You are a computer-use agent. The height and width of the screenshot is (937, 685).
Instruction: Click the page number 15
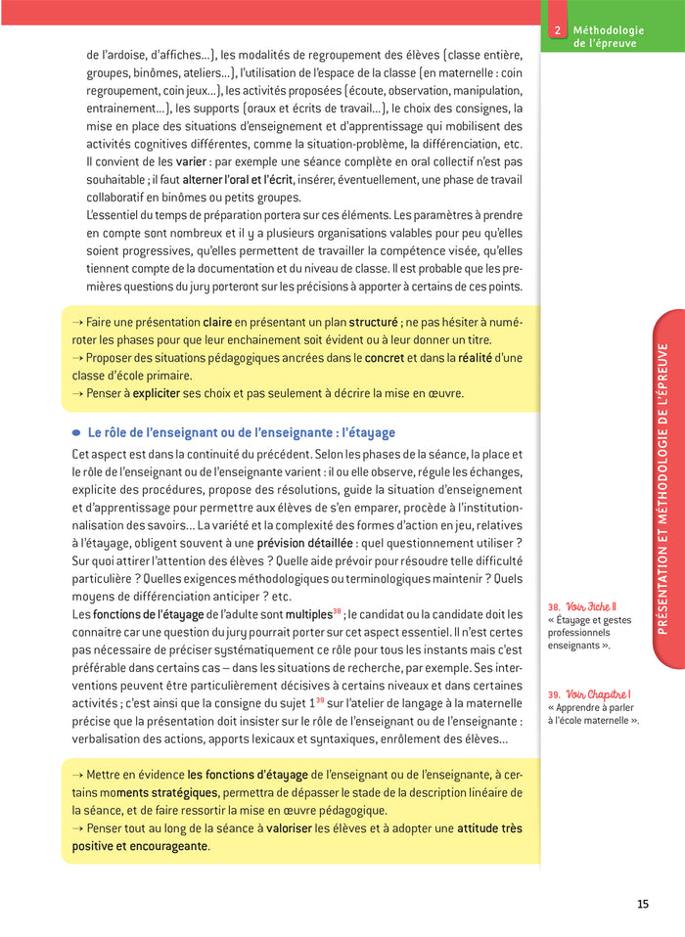[x=642, y=904]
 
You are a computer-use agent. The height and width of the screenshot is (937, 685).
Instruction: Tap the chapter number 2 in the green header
[x=556, y=30]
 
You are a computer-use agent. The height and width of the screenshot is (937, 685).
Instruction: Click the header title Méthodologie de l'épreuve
[x=605, y=37]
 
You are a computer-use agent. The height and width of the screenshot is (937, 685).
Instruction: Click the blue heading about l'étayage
[x=242, y=432]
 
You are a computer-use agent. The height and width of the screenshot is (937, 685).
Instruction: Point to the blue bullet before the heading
[x=76, y=433]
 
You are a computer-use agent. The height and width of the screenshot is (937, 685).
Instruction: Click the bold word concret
[x=384, y=358]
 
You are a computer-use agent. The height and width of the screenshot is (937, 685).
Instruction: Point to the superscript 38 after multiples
[x=336, y=610]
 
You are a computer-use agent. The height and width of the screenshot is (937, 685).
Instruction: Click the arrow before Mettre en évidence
[x=78, y=774]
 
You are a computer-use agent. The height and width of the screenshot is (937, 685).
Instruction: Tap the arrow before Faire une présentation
[x=78, y=322]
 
